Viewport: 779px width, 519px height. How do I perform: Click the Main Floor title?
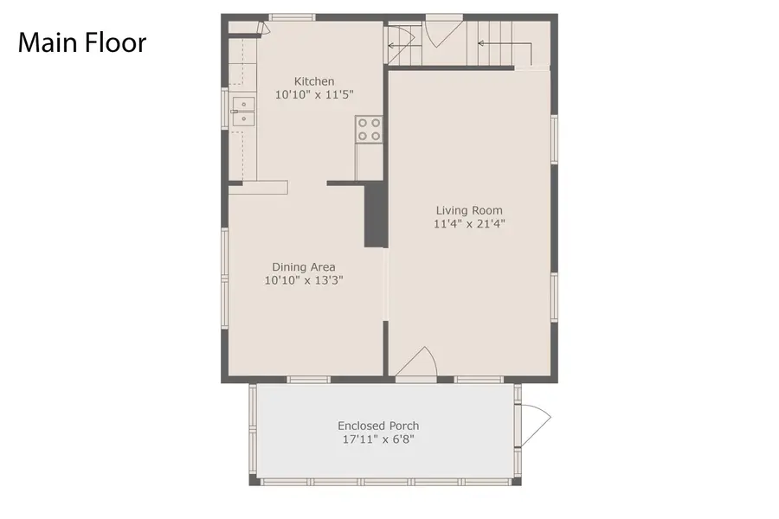(x=82, y=42)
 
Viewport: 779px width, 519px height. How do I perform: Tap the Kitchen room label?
(x=313, y=80)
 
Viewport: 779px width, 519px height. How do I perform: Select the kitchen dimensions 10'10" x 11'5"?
(x=313, y=94)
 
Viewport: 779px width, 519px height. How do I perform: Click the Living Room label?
(x=469, y=210)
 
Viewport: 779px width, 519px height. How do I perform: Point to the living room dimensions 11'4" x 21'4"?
(x=469, y=224)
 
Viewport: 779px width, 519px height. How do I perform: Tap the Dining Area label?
(x=304, y=266)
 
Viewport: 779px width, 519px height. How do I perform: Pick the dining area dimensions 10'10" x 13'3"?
(x=304, y=280)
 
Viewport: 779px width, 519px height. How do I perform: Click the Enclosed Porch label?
(x=378, y=426)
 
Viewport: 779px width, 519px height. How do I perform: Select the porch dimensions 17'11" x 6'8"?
(x=378, y=439)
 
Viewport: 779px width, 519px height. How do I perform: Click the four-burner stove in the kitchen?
(x=368, y=129)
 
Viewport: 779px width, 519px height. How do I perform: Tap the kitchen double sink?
(x=243, y=113)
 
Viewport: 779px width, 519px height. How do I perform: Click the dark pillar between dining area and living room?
(x=375, y=215)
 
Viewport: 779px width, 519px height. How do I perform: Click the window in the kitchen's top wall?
(x=291, y=17)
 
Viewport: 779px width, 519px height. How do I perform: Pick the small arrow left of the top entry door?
(x=399, y=46)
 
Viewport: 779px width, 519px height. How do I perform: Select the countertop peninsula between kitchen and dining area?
(x=257, y=187)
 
